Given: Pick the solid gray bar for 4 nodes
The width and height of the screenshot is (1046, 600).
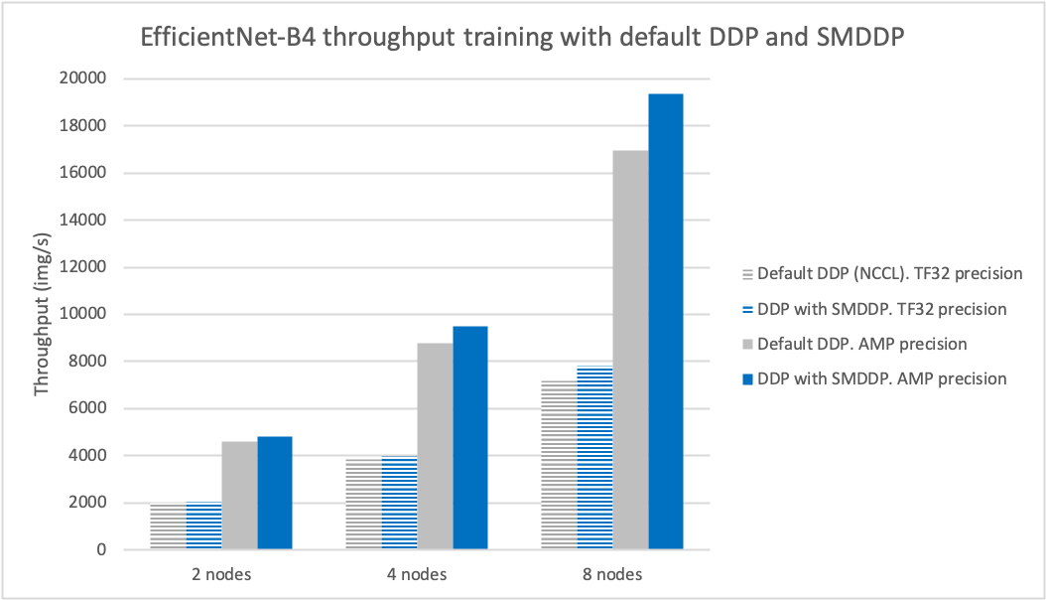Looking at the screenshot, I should click(435, 446).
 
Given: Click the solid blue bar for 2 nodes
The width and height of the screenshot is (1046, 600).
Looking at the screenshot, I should click(275, 493).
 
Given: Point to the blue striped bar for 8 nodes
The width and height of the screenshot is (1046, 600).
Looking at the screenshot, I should click(594, 457).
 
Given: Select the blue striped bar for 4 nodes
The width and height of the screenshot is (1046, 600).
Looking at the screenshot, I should click(399, 503).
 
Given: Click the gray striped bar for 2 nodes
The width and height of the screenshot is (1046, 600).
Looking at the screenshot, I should click(168, 526).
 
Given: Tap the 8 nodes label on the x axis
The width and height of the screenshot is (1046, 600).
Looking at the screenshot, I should click(612, 574).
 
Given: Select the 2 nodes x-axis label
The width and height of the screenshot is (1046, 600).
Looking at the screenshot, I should click(221, 574).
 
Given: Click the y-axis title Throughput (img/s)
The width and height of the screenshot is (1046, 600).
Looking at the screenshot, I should click(42, 315).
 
